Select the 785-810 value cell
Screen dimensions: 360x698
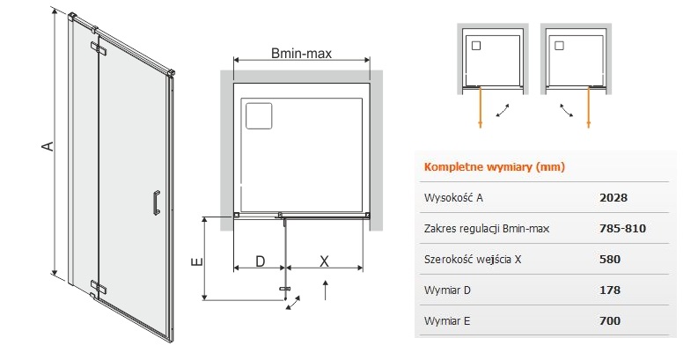click(621, 229)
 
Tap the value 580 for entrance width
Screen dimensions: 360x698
click(609, 260)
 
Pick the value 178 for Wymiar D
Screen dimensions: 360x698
click(609, 290)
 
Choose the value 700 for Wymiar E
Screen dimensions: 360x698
click(609, 321)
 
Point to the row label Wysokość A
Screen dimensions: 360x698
click(453, 198)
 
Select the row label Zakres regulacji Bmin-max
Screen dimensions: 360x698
click(486, 229)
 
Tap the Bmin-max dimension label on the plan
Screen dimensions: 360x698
click(300, 55)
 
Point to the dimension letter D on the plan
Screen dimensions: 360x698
click(260, 261)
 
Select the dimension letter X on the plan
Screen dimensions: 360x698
click(324, 261)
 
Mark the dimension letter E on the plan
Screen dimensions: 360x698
click(197, 261)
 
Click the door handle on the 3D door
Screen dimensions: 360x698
click(156, 202)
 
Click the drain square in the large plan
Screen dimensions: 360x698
click(260, 115)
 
